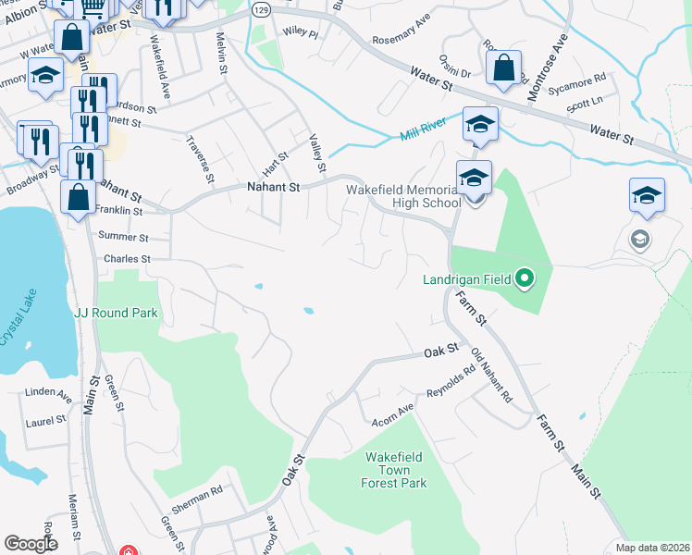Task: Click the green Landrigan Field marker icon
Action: click(525, 277)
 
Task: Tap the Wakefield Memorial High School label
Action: click(402, 196)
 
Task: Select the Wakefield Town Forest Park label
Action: click(395, 469)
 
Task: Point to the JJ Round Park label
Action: click(116, 313)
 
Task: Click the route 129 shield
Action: click(261, 10)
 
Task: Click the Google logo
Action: click(31, 543)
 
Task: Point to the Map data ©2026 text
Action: click(652, 548)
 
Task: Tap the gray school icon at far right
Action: click(639, 240)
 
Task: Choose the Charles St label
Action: click(128, 259)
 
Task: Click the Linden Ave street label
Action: click(49, 394)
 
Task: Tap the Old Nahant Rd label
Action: click(491, 375)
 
